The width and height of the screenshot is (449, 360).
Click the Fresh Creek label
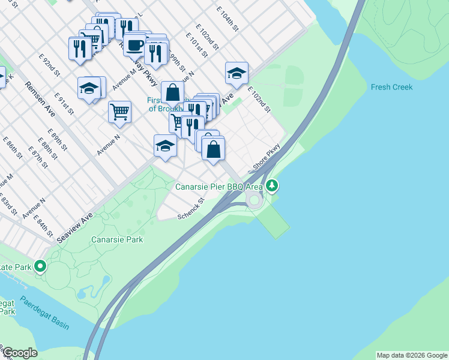pyautogui.click(x=391, y=87)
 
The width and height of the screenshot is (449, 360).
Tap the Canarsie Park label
pyautogui.click(x=117, y=239)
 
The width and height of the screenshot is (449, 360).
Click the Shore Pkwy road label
pyautogui.click(x=267, y=157)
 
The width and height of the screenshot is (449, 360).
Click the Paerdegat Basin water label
pyautogui.click(x=44, y=313)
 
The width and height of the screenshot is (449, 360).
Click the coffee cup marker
pyautogui.click(x=135, y=45)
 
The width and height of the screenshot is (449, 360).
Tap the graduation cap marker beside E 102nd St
pyautogui.click(x=237, y=74)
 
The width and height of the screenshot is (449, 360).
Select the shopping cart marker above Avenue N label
pyautogui.click(x=119, y=111)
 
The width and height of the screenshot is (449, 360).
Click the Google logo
pyautogui.click(x=20, y=353)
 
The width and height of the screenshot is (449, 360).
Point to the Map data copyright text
pyautogui.click(x=411, y=355)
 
